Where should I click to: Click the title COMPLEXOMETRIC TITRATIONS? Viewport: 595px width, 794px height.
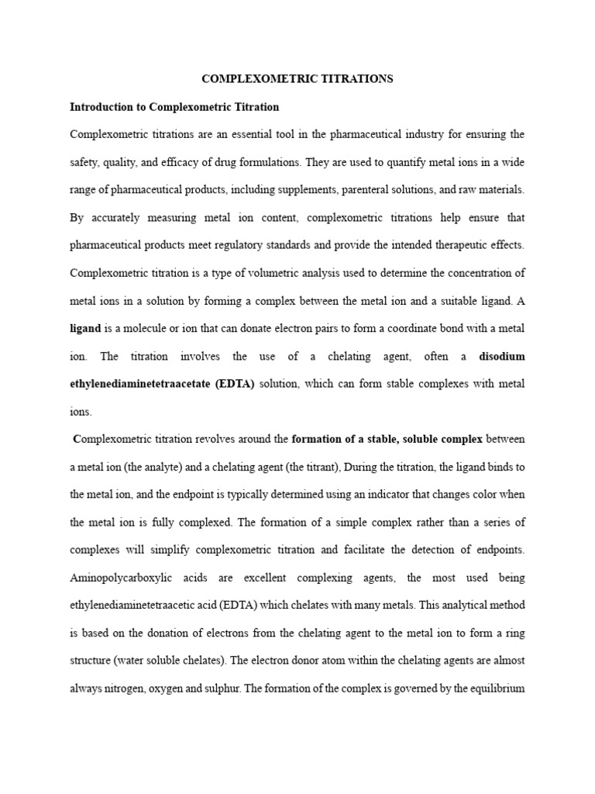pos(297,78)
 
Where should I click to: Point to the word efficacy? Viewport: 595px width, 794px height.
pos(189,162)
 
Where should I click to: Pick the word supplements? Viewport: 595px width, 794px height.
pos(328,189)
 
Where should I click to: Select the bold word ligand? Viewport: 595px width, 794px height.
pos(85,329)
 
